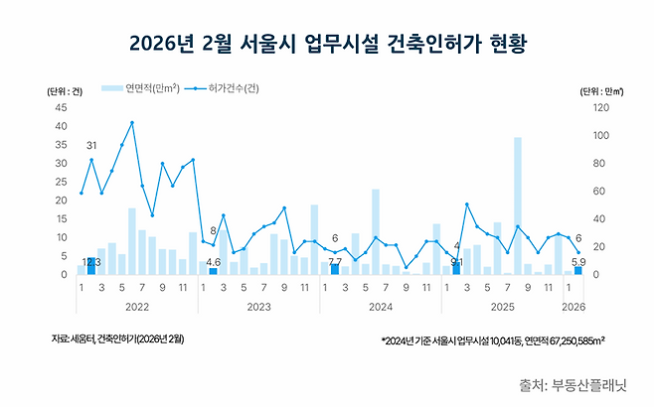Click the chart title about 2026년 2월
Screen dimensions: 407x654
(x=326, y=44)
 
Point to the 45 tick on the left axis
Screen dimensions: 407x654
(x=61, y=107)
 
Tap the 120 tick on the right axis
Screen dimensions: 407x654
(x=598, y=107)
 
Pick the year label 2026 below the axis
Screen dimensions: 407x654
(x=572, y=307)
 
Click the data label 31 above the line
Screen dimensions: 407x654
(x=90, y=147)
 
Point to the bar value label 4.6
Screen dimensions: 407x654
(x=213, y=262)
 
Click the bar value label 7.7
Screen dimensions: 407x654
(x=335, y=261)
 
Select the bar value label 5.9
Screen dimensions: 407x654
(x=578, y=262)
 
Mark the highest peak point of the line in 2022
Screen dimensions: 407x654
(x=132, y=123)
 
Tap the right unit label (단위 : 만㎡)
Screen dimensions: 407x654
(x=600, y=90)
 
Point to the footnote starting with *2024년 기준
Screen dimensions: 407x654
(x=493, y=339)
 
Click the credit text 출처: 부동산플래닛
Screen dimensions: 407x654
(x=580, y=383)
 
